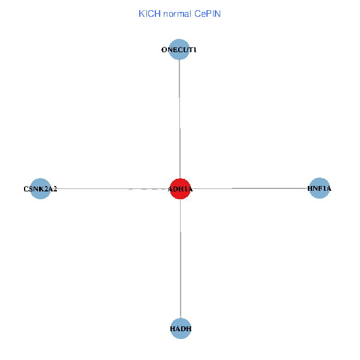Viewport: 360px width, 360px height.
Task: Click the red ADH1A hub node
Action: coord(180,188)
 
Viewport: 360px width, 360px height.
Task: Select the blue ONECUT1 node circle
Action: coord(179,50)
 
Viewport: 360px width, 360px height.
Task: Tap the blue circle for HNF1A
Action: coord(319,188)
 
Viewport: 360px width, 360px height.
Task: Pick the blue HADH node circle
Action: coord(181,328)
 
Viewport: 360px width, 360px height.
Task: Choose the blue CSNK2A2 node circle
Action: coord(40,188)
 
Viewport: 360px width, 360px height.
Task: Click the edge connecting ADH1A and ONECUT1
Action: coord(180,120)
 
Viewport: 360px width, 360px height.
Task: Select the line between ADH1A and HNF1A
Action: coord(252,188)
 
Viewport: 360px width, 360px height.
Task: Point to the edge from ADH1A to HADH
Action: coord(181,258)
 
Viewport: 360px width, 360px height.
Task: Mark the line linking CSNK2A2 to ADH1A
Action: coord(108,188)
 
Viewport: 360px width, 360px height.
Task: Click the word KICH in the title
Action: coord(149,13)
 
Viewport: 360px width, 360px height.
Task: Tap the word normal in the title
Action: coord(177,13)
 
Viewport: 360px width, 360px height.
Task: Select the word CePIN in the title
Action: coord(208,13)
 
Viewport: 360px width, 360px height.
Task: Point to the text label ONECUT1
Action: coord(179,50)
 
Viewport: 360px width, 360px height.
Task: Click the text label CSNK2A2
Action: coord(40,189)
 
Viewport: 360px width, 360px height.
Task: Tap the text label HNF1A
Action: coord(319,189)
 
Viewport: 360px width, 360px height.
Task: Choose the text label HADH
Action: coord(181,329)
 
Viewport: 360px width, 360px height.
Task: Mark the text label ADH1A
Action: coord(180,190)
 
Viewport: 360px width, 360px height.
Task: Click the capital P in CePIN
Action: coord(208,13)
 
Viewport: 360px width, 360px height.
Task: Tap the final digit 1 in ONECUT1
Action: coord(195,50)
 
